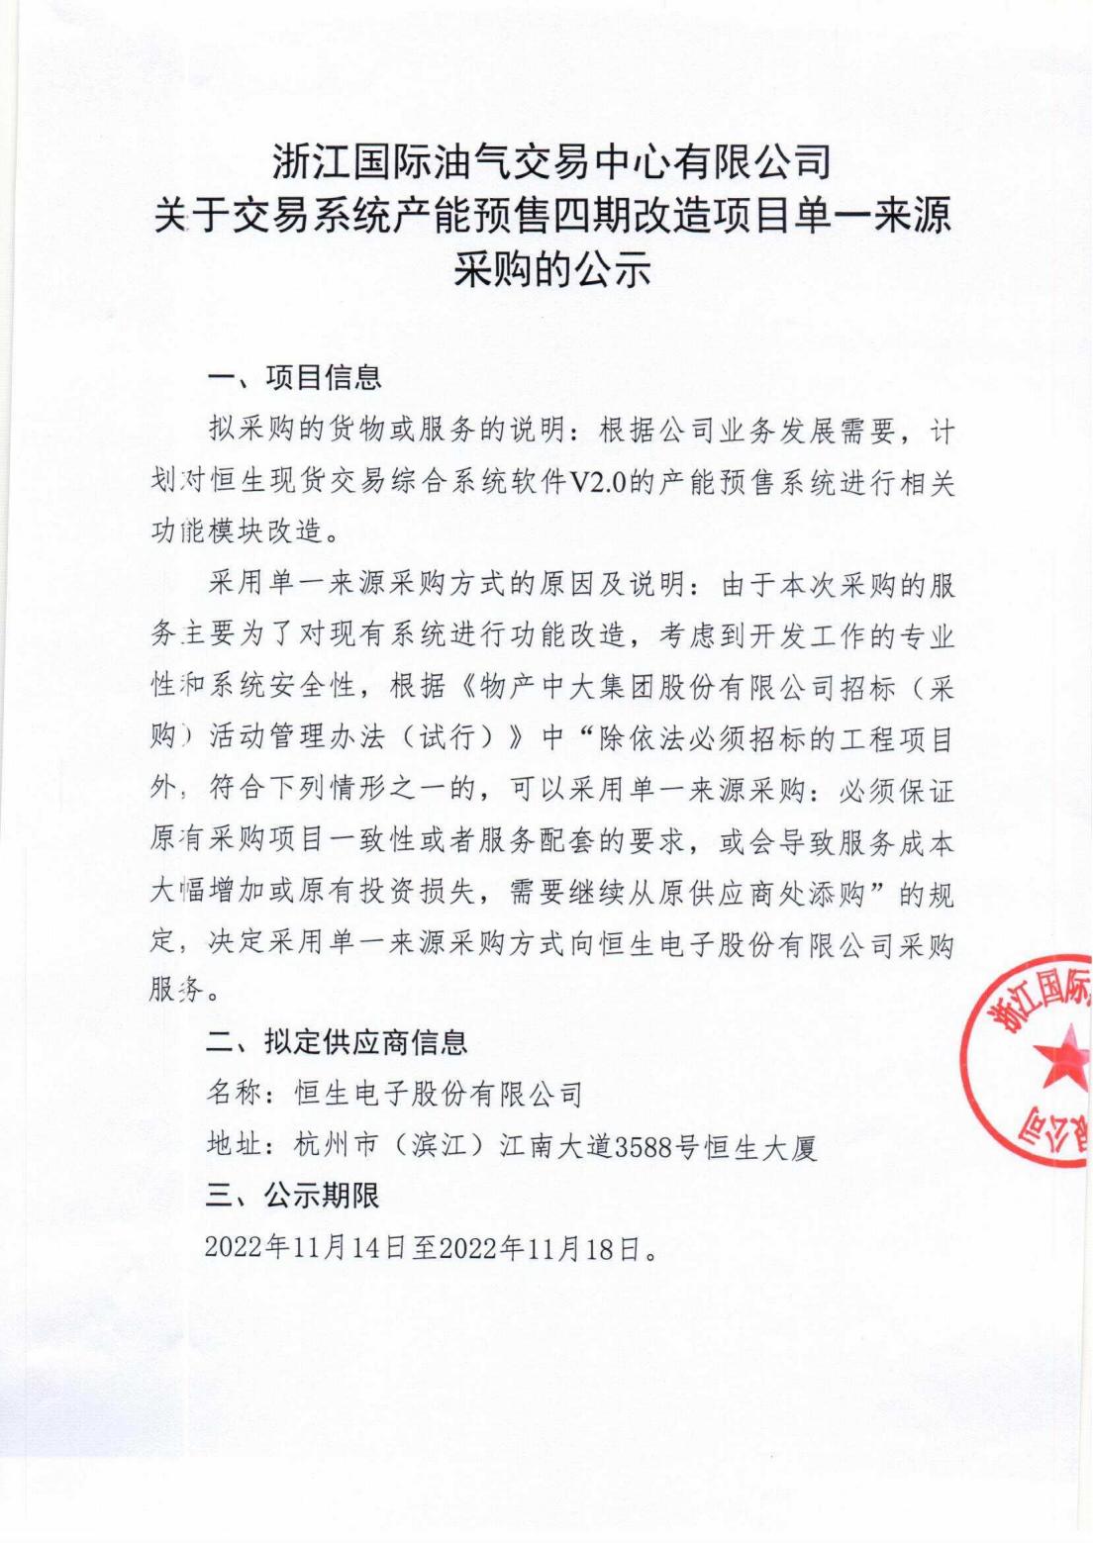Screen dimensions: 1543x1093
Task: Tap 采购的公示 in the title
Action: click(550, 267)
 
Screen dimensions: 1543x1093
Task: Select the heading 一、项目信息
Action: click(294, 378)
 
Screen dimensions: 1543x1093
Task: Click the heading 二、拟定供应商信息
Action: click(337, 1042)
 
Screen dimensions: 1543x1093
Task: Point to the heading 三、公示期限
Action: click(293, 1197)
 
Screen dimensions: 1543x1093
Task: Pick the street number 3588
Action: click(645, 1147)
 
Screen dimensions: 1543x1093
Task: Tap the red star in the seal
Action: click(1061, 1060)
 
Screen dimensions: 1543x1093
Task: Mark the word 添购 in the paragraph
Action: click(838, 896)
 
